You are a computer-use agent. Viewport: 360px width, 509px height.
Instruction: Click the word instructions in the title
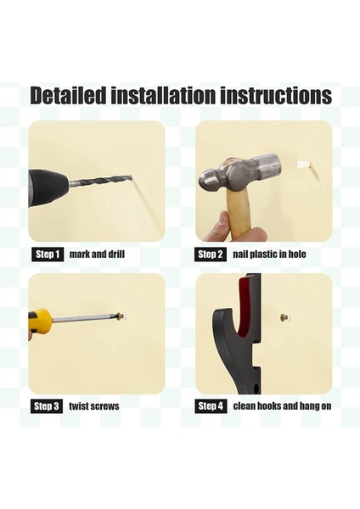tap(269, 95)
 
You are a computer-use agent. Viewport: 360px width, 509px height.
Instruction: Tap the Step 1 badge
tap(48, 254)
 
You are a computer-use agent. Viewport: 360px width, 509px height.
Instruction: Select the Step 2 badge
tap(211, 254)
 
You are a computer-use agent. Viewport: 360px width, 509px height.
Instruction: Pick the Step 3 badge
tap(47, 406)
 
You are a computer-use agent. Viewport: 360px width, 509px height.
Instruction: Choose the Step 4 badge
tap(211, 406)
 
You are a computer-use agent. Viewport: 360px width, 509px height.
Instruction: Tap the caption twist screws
tap(93, 406)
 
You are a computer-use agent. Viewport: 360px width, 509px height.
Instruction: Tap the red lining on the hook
tap(248, 309)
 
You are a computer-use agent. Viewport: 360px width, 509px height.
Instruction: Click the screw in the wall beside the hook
tap(283, 318)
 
